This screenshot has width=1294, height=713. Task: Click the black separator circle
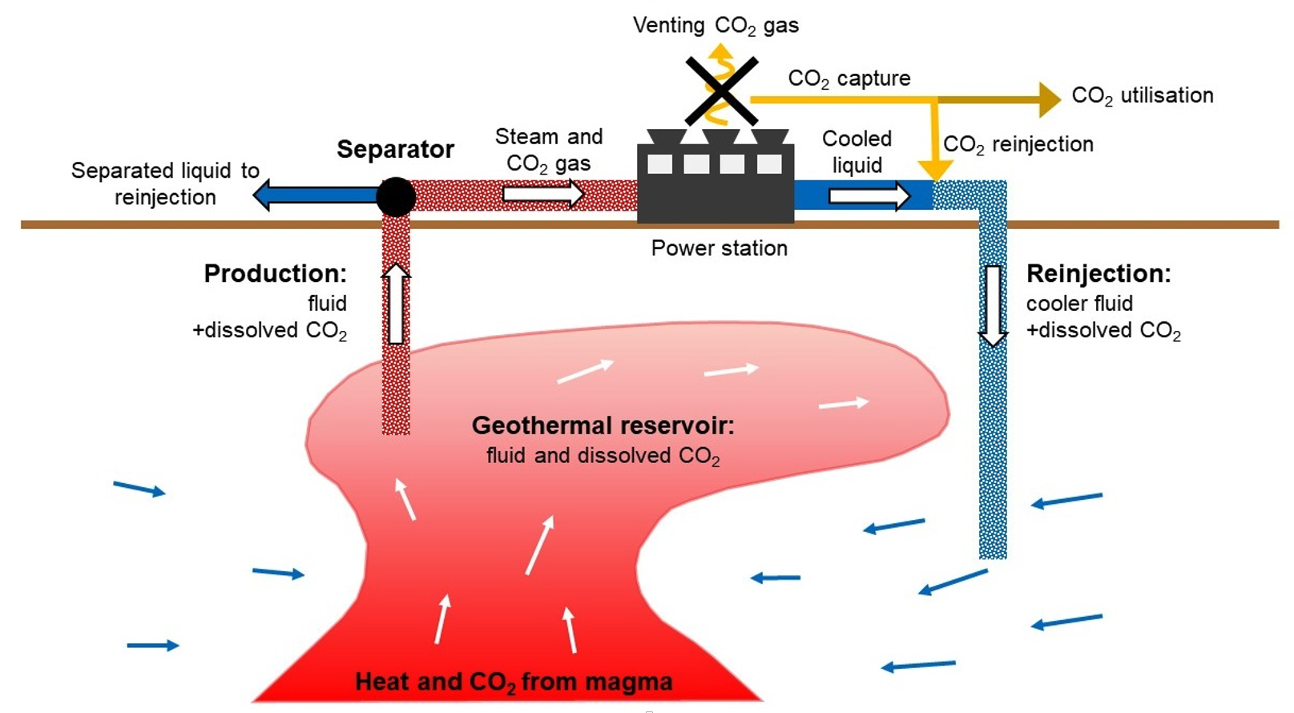(396, 196)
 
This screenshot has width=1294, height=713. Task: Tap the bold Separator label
(395, 150)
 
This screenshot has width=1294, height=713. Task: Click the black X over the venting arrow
(721, 91)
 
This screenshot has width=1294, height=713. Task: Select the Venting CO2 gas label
(716, 26)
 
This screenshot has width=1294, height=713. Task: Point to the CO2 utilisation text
(1142, 96)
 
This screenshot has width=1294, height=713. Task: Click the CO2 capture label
(849, 79)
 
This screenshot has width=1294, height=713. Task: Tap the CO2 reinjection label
(1018, 145)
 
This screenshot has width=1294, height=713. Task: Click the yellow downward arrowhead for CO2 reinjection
(935, 170)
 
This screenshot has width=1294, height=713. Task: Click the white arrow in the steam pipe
(543, 194)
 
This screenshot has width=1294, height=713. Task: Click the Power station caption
(719, 248)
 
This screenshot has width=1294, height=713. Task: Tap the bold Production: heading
(275, 274)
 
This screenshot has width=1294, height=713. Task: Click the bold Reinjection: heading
(1098, 274)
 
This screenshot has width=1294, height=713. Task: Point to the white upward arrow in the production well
(396, 304)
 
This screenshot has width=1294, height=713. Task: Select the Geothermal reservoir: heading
(603, 425)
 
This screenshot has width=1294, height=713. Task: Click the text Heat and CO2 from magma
(514, 683)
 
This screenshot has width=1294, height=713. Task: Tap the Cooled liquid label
(857, 151)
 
